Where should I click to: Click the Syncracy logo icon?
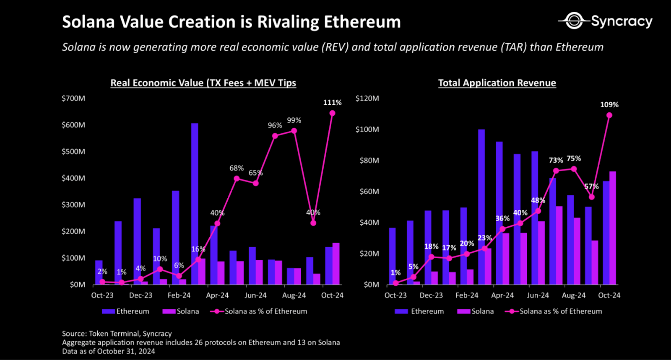coord(574,21)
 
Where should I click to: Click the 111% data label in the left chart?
coord(332,103)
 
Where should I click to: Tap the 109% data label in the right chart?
coord(609,105)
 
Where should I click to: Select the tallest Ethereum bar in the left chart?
coord(195,204)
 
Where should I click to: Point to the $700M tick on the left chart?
coord(73,98)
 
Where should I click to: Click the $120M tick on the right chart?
coord(367,98)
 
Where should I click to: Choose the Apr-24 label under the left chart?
coord(217,295)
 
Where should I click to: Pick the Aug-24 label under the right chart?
coord(573,295)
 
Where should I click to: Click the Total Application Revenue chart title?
coord(497,83)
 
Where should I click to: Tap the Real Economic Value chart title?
coord(203,83)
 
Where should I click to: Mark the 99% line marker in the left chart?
coord(294,131)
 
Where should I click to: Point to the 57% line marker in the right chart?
coord(591,197)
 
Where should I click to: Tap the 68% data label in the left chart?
coord(236,168)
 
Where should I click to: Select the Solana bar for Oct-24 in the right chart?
coord(613,228)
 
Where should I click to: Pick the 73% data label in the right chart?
coord(556,161)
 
